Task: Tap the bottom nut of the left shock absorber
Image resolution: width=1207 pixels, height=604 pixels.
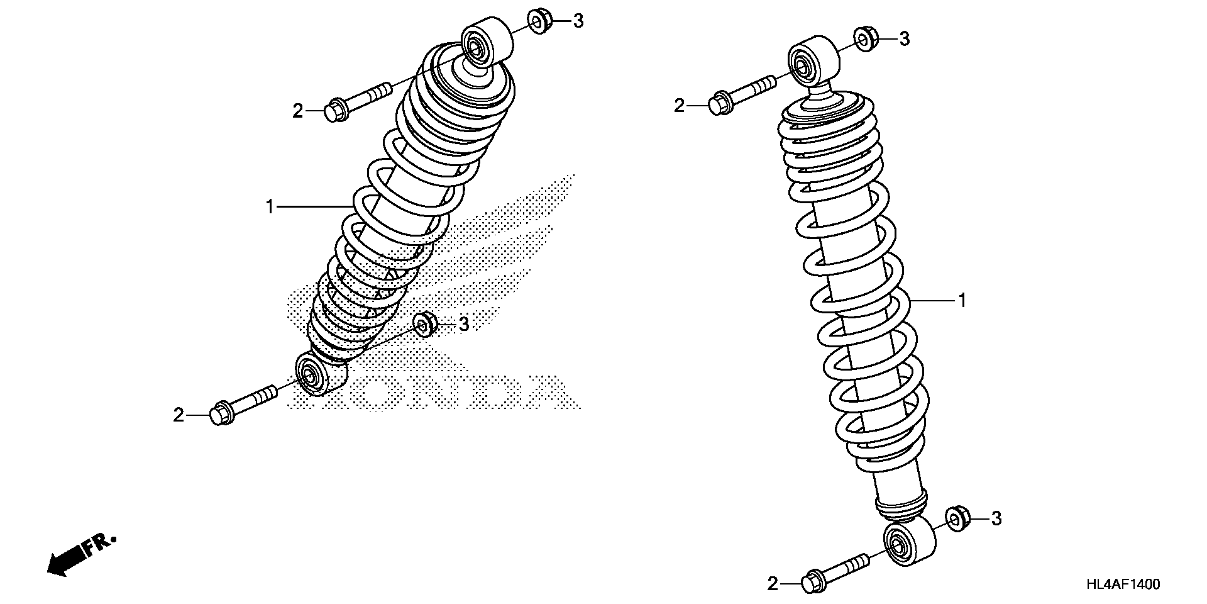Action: pyautogui.click(x=426, y=324)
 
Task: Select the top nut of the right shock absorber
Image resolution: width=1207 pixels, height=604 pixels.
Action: pyautogui.click(x=866, y=40)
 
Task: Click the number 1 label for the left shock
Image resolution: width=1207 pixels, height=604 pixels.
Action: pyautogui.click(x=270, y=206)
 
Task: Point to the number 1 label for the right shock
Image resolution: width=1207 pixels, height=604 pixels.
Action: pyautogui.click(x=961, y=301)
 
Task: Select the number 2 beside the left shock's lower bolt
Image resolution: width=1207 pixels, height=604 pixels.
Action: pyautogui.click(x=179, y=415)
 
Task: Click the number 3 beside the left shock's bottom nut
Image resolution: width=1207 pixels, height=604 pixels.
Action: pyautogui.click(x=463, y=325)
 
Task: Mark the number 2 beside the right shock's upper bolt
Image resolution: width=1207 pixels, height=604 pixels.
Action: pyautogui.click(x=679, y=106)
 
